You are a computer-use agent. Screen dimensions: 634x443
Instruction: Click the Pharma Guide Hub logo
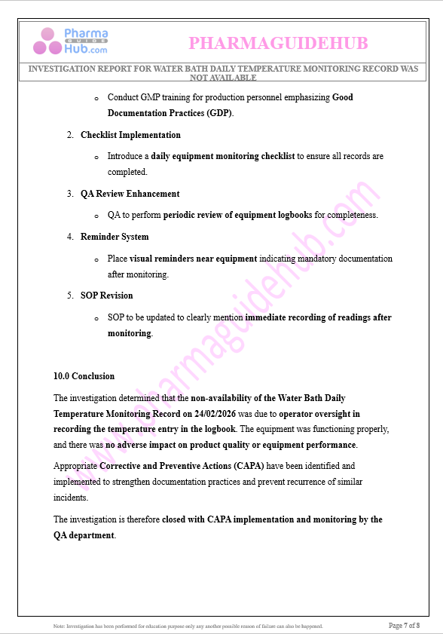[x=70, y=41]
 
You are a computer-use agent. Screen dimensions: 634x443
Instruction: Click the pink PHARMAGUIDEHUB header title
[x=278, y=43]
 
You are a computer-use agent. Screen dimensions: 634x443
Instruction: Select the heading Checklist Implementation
[x=130, y=135]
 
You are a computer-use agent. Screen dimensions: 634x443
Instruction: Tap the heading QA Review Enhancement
[x=130, y=194]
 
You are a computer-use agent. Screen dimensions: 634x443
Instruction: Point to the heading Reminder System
[x=115, y=237]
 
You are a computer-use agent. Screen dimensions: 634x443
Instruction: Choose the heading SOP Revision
[x=107, y=296]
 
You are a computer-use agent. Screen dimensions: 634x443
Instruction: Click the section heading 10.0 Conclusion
[x=84, y=376]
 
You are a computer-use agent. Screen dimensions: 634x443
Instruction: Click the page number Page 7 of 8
[x=404, y=626]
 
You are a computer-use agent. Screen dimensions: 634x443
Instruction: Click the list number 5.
[x=70, y=296]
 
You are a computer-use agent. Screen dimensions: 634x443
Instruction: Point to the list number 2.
[x=70, y=135]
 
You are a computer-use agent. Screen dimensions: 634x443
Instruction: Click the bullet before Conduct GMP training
[x=96, y=98]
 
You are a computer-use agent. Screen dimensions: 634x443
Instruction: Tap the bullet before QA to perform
[x=96, y=216]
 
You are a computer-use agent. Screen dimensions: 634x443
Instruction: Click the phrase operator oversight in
[x=319, y=414]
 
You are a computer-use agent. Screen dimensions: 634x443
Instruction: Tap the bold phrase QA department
[x=84, y=535]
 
